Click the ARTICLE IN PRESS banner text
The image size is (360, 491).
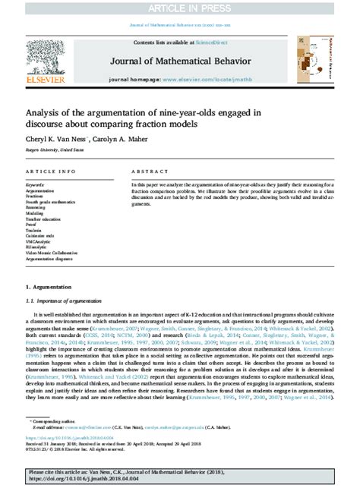180,8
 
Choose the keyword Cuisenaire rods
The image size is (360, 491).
40,237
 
